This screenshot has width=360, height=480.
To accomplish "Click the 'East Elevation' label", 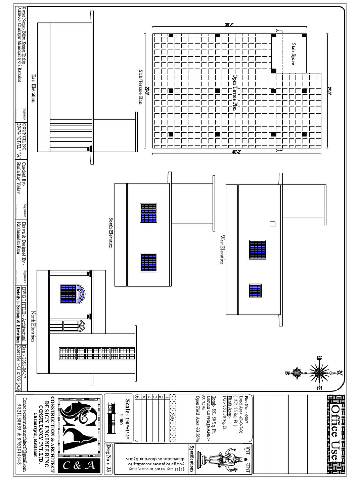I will (33, 88).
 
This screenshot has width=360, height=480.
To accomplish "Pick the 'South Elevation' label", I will (111, 233).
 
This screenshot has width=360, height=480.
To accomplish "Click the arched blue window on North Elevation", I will (72, 294).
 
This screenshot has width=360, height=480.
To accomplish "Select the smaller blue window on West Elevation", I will (255, 290).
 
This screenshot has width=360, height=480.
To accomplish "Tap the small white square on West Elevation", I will (272, 224).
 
